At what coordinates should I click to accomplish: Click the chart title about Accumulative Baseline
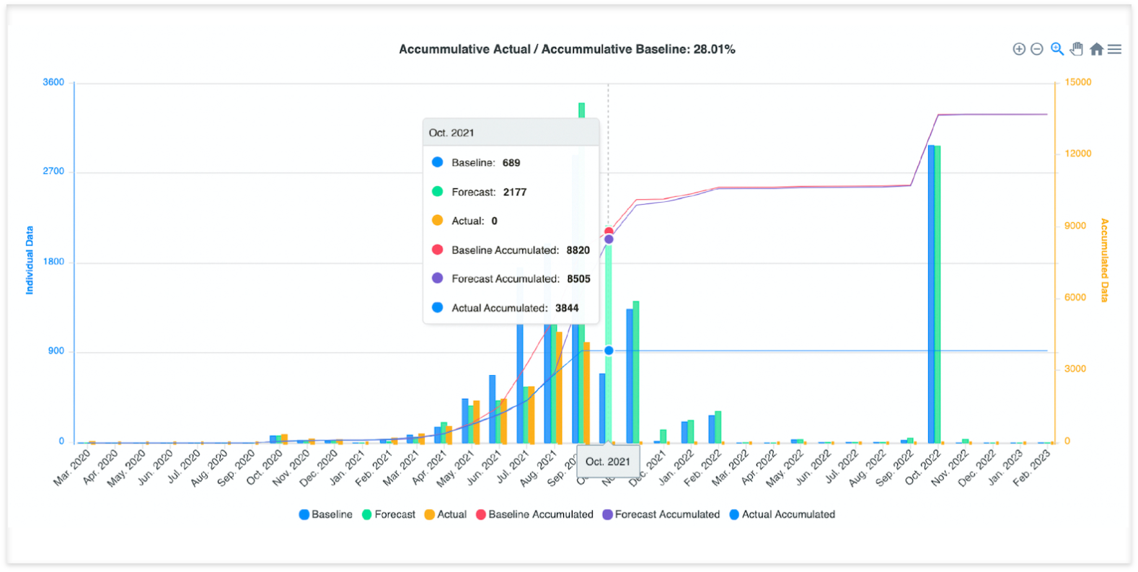567,49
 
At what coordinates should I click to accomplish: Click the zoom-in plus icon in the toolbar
1019,49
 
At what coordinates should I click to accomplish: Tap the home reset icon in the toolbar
1096,49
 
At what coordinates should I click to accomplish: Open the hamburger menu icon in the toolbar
1114,49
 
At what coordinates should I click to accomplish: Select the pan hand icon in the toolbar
1077,49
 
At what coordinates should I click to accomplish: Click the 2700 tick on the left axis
53,171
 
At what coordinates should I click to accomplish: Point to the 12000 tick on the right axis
1078,154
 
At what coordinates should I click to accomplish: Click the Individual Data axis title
30,260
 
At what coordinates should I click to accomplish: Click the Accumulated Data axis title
1104,260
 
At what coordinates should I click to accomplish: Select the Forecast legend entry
389,514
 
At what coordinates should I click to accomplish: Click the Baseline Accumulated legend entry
534,514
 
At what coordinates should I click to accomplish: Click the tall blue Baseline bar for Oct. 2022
931,289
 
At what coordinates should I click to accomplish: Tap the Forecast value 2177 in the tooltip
515,192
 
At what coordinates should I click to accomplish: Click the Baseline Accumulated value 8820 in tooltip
578,250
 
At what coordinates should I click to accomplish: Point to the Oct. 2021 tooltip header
451,133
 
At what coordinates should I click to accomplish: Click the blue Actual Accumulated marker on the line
609,351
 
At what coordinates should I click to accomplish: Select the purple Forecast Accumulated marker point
609,239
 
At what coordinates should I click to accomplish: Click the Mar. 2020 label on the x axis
72,467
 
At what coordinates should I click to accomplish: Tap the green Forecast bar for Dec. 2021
663,436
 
